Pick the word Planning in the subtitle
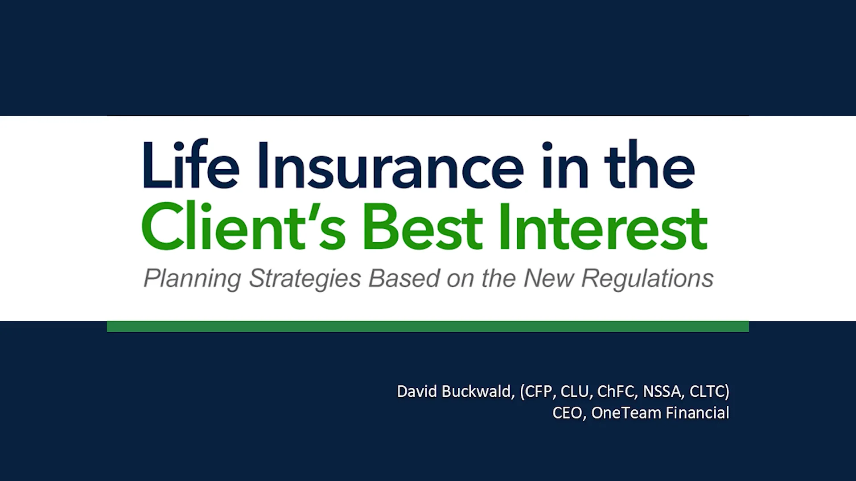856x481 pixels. coord(192,279)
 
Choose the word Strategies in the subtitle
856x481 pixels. coord(305,279)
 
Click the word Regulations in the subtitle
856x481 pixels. coord(647,279)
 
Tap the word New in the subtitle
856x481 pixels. coord(549,279)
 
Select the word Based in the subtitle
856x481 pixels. coord(404,279)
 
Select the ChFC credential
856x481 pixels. coord(617,391)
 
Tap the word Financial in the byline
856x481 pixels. coord(698,413)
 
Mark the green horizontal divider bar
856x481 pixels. coord(428,326)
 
